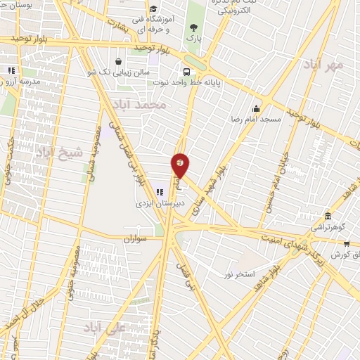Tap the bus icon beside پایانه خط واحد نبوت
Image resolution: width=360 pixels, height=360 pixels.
click(186, 71)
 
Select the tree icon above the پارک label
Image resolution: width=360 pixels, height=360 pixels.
click(193, 27)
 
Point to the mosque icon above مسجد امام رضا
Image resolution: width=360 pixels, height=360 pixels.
click(256, 108)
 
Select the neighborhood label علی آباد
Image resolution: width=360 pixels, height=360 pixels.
click(102, 328)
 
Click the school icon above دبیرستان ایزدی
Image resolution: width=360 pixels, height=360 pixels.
click(160, 191)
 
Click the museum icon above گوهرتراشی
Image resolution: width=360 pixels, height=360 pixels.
click(328, 216)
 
